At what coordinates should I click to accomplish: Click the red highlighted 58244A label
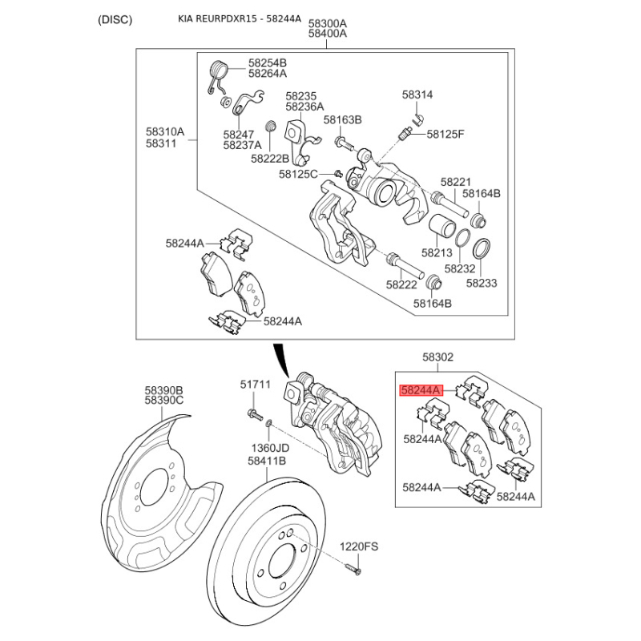(421, 391)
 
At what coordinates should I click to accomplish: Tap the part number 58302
(438, 358)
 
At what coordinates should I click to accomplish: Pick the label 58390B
(164, 389)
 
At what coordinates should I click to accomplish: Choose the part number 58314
(417, 95)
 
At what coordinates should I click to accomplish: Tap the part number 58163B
(343, 119)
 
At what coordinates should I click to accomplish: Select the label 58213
(437, 252)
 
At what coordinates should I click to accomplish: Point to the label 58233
(482, 283)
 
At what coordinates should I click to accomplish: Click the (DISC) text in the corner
(115, 19)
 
